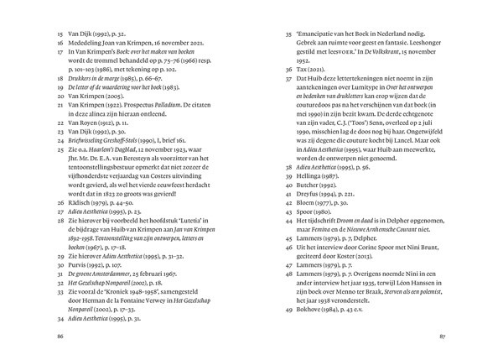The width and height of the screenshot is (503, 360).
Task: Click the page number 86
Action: tap(59, 336)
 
